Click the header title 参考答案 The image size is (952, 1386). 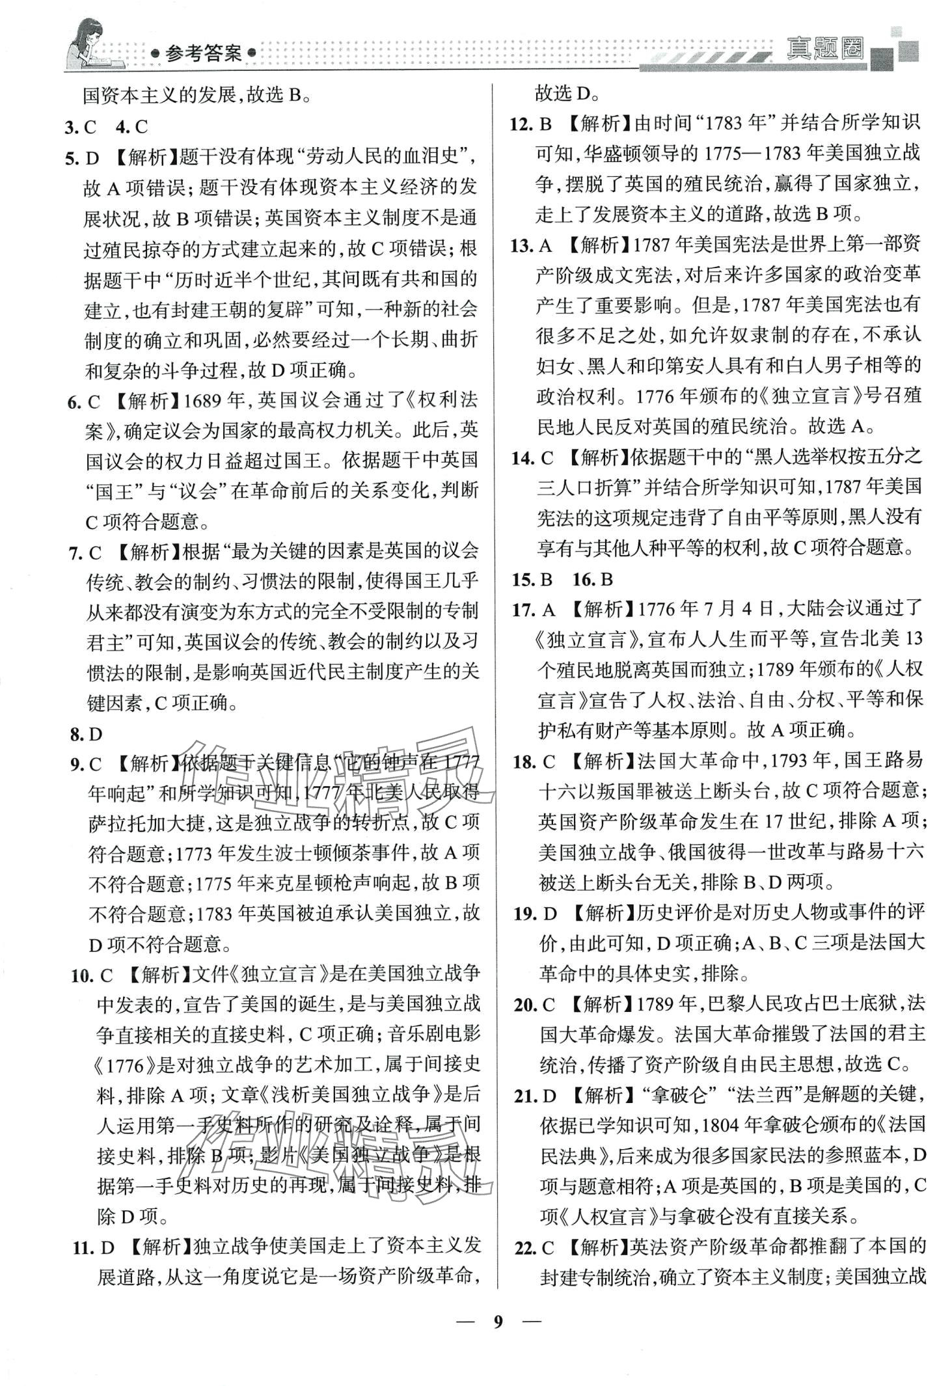click(x=203, y=53)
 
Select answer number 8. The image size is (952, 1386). click(x=77, y=734)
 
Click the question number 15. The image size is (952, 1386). click(x=522, y=578)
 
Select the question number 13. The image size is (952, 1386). click(x=521, y=245)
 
